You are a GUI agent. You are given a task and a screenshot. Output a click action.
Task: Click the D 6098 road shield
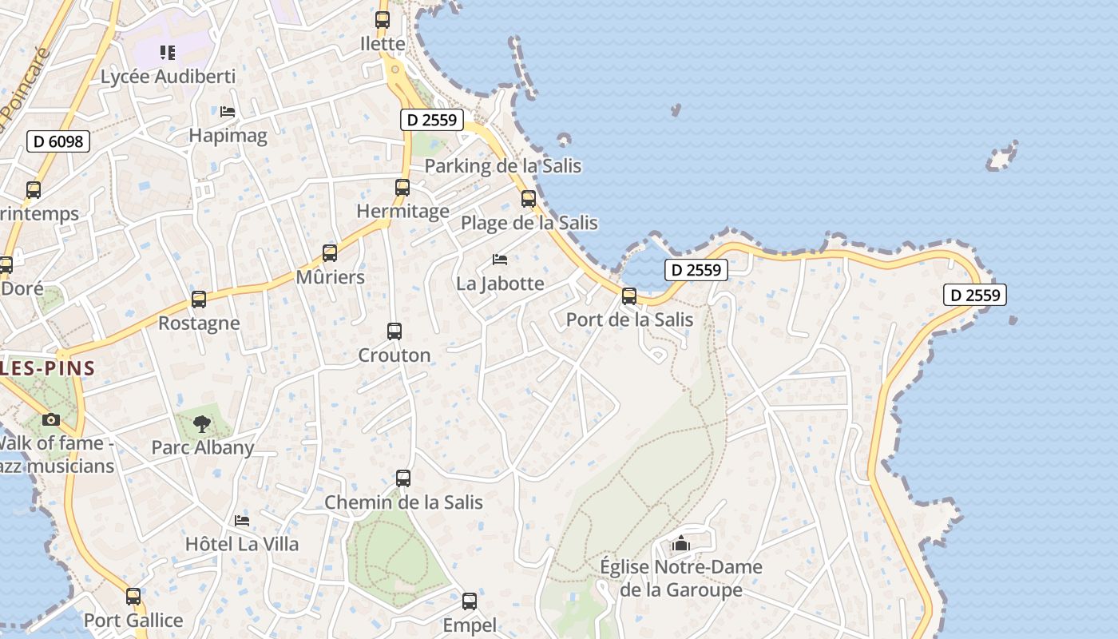[58, 141]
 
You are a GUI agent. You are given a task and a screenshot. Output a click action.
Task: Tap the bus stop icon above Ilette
[383, 20]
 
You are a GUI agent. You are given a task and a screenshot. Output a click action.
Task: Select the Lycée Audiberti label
[168, 77]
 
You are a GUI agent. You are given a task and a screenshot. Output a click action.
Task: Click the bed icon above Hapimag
[228, 112]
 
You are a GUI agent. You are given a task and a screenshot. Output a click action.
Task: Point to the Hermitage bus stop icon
[402, 188]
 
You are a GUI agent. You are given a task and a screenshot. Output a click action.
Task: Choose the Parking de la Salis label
[502, 166]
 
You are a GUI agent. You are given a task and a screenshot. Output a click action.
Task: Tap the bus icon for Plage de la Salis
[529, 199]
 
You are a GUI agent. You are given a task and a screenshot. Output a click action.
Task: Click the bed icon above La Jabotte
[500, 260]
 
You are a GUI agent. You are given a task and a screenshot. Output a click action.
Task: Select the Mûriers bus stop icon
[330, 253]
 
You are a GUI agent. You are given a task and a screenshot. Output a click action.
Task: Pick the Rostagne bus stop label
[199, 323]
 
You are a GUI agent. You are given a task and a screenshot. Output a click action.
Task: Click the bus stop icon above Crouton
[394, 331]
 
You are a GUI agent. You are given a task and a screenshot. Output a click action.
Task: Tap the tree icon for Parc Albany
[202, 423]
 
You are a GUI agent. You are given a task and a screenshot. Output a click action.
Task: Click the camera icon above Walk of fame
[51, 419]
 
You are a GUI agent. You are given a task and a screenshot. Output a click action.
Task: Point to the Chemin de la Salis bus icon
[403, 478]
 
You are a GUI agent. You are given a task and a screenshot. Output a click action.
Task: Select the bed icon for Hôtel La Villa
[242, 521]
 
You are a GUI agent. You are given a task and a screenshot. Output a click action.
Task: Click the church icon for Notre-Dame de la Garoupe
[680, 544]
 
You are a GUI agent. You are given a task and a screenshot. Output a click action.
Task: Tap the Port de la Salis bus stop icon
[629, 296]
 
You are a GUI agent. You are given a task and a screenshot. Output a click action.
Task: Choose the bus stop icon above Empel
[470, 601]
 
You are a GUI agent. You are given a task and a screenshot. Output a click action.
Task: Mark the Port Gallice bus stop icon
[133, 597]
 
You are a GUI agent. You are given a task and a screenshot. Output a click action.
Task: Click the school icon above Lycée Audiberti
[167, 53]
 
